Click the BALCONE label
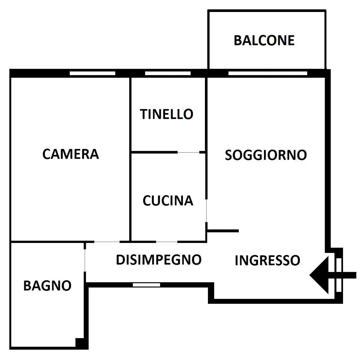(264, 40)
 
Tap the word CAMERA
(71, 154)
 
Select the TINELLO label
(166, 114)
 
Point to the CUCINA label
(168, 200)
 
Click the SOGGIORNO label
(266, 155)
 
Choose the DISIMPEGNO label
(159, 260)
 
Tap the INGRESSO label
(268, 260)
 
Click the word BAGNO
(47, 286)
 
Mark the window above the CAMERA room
(92, 73)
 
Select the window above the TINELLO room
(168, 73)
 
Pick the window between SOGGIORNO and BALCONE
(268, 73)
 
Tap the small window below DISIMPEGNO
(146, 285)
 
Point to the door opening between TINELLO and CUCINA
(188, 152)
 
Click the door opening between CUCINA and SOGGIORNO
(206, 211)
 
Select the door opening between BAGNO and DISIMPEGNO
(85, 260)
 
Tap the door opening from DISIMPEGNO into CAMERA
(107, 242)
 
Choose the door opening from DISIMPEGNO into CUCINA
(167, 242)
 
